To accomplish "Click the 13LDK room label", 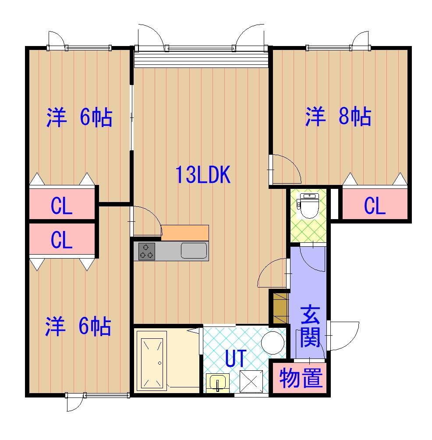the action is click(203, 174).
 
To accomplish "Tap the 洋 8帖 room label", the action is click(338, 116).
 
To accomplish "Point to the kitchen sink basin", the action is click(194, 251).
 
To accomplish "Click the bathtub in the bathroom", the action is click(152, 361).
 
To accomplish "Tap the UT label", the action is click(236, 358).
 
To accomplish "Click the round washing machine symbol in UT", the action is click(273, 342).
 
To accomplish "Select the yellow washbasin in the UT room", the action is click(218, 383).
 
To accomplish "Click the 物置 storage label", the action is click(301, 378).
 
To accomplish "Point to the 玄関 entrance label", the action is click(310, 326).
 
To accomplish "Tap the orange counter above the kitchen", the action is click(185, 233).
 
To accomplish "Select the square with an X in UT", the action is click(251, 381).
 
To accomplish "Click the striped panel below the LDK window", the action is click(202, 60).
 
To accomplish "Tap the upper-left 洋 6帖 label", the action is click(79, 117).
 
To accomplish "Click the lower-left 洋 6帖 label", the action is click(78, 326).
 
